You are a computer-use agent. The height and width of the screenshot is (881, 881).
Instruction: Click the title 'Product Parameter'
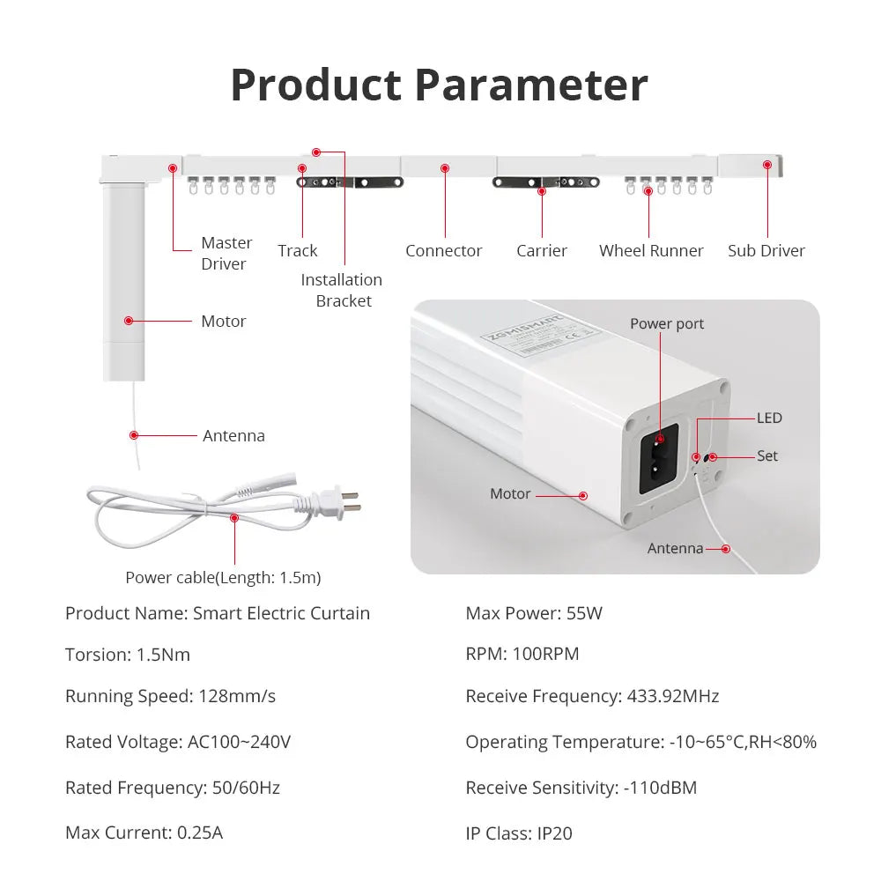[439, 85]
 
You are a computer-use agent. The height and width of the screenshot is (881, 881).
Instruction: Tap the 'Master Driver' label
[226, 253]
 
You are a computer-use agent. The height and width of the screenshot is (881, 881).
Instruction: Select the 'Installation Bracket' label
[342, 290]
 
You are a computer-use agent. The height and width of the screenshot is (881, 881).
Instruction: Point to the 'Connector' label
[443, 251]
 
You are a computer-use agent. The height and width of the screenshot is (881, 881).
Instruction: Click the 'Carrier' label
[542, 251]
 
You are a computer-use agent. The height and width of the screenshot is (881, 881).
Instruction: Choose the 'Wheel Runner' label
[651, 251]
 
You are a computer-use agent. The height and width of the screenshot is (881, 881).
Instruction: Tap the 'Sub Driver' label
[766, 251]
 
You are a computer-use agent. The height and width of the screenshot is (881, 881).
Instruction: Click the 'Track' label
[298, 251]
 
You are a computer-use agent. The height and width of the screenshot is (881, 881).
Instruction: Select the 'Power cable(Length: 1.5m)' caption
[223, 578]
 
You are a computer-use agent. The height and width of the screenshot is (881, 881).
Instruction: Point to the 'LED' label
[769, 418]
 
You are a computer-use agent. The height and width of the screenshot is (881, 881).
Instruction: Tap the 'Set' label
[767, 455]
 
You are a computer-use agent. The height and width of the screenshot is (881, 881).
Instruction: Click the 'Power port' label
[667, 323]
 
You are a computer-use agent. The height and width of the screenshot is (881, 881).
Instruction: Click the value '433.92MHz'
[673, 696]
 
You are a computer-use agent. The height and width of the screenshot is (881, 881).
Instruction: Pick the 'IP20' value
[555, 833]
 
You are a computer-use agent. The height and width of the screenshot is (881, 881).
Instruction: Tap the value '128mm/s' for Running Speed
[234, 696]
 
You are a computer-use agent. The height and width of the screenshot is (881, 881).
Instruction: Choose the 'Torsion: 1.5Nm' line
[128, 655]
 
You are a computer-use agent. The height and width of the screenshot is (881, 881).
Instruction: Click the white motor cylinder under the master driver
[123, 282]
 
